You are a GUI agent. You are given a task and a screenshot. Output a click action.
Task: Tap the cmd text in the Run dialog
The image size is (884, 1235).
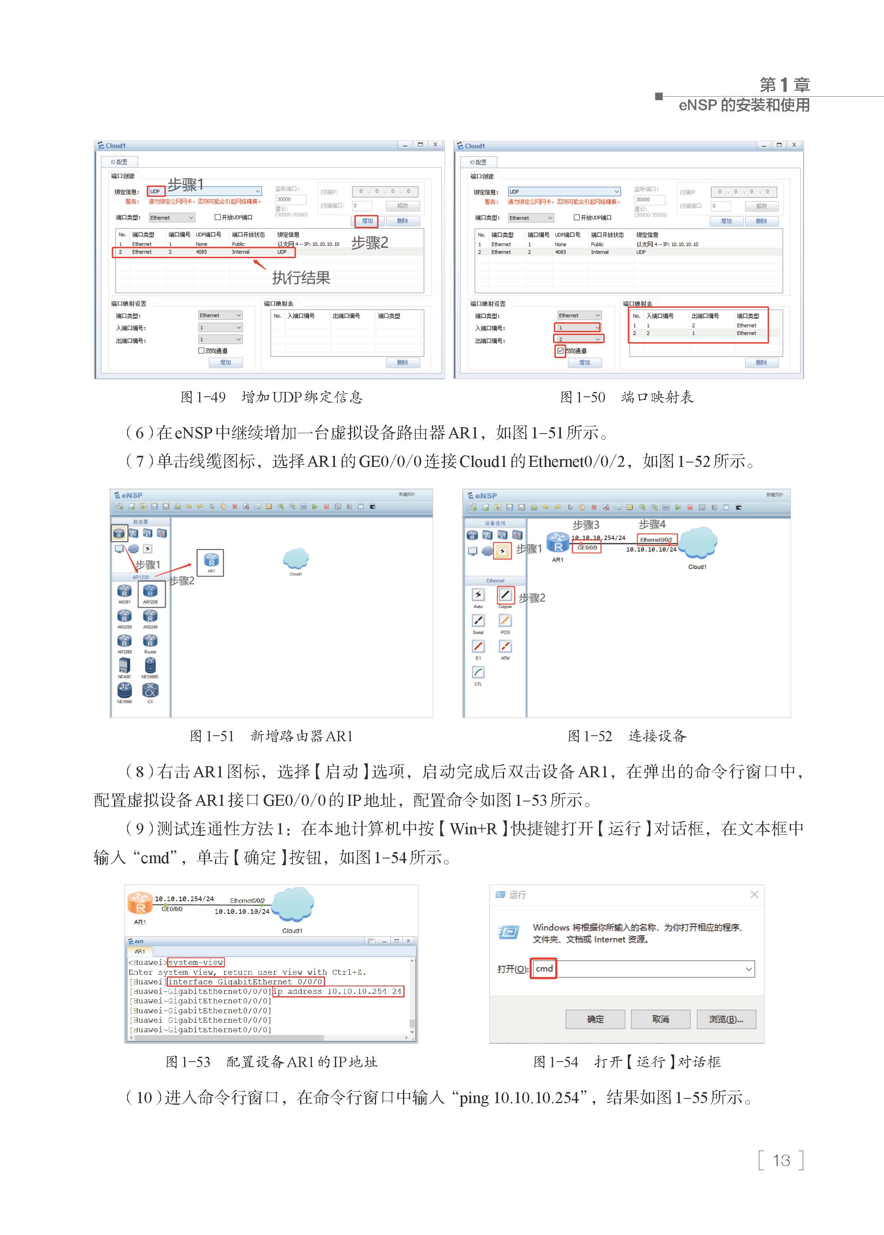[x=544, y=968]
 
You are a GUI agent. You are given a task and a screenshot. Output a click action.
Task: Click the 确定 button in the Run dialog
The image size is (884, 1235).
[x=595, y=1019]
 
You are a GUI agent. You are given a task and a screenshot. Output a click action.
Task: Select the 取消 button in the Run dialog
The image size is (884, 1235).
[x=660, y=1019]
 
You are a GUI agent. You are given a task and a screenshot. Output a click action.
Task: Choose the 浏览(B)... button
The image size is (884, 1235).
[x=726, y=1019]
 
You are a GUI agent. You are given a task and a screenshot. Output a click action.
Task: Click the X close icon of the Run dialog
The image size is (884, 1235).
[x=754, y=894]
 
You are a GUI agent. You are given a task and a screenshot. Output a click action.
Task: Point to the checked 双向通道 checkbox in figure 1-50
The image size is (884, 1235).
[x=560, y=351]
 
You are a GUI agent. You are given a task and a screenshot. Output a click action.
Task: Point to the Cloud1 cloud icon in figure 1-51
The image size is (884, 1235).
[x=296, y=559]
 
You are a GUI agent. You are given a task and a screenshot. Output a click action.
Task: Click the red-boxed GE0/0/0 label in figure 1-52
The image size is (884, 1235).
[x=586, y=548]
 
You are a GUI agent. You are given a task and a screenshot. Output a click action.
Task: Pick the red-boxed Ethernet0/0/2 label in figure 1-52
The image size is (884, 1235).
[x=656, y=539]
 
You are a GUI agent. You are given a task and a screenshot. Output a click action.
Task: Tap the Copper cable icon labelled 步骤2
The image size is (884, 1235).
[x=505, y=595]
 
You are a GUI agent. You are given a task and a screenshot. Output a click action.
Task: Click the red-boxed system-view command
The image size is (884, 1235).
[x=196, y=962]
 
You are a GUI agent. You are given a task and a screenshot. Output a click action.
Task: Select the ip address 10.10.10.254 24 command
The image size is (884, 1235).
[x=337, y=991]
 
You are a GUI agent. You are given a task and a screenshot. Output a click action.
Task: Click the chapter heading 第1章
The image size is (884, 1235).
[x=784, y=85]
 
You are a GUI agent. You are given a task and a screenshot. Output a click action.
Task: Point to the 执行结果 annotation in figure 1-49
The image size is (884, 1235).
[x=301, y=278]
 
